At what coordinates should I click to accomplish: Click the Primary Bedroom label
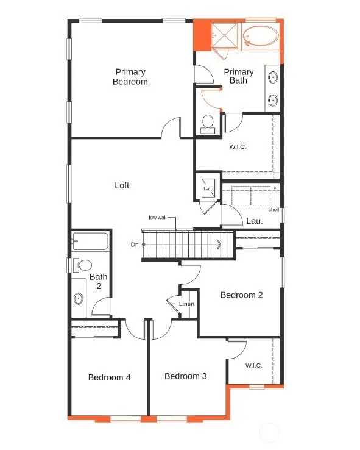pyautogui.click(x=130, y=77)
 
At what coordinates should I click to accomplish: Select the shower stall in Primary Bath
pyautogui.click(x=225, y=36)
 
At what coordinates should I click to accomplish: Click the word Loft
pyautogui.click(x=122, y=185)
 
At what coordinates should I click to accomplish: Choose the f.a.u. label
pyautogui.click(x=208, y=189)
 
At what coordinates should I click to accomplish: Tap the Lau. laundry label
pyautogui.click(x=254, y=221)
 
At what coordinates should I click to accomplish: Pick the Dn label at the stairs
pyautogui.click(x=135, y=244)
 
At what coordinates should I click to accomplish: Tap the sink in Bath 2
pyautogui.click(x=79, y=299)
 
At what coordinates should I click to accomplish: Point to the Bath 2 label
pyautogui.click(x=99, y=281)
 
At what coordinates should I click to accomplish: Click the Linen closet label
pyautogui.click(x=186, y=304)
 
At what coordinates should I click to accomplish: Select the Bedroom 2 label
pyautogui.click(x=241, y=295)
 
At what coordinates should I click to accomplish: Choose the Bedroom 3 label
pyautogui.click(x=186, y=376)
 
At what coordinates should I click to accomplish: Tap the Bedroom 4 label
pyautogui.click(x=109, y=377)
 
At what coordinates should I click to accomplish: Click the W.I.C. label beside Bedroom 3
pyautogui.click(x=254, y=366)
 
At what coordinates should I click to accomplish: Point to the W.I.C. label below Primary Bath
pyautogui.click(x=238, y=146)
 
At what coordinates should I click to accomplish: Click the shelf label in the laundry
pyautogui.click(x=274, y=210)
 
